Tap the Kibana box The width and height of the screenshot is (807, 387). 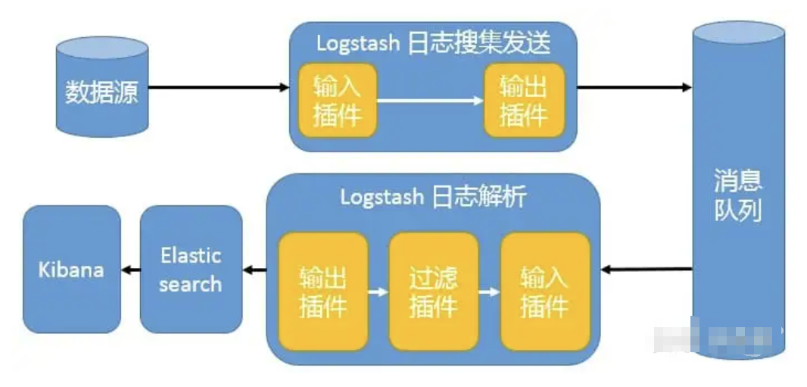(x=72, y=270)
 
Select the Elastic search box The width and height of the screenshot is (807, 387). (x=191, y=270)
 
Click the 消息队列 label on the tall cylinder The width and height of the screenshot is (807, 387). (x=737, y=195)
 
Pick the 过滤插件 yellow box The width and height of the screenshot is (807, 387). (x=434, y=292)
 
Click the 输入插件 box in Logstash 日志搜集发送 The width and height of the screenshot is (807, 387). (x=337, y=100)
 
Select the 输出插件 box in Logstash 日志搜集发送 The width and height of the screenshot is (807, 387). (x=524, y=100)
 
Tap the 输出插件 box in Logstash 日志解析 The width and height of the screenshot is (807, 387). (x=323, y=292)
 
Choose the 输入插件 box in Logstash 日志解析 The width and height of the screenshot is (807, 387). (x=544, y=292)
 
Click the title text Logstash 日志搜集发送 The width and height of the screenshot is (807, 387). (x=432, y=42)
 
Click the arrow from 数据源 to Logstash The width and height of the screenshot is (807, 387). (x=219, y=88)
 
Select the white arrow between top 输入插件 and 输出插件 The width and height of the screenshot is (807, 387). (x=430, y=100)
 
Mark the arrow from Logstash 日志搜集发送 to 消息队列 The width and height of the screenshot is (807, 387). (x=634, y=88)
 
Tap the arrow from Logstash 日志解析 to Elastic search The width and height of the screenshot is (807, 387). (x=254, y=270)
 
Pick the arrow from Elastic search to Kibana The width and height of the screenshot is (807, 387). (x=131, y=270)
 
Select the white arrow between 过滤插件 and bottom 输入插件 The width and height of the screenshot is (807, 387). (x=490, y=291)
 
